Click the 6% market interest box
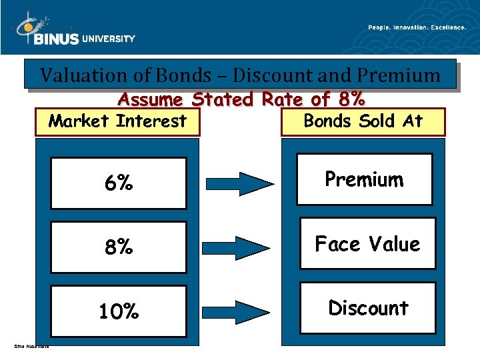[118, 183]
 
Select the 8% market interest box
[118, 247]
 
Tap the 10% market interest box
[118, 311]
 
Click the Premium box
[364, 179]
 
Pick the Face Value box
[367, 243]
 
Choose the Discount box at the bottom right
[367, 308]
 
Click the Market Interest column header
[118, 121]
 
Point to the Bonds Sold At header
[363, 121]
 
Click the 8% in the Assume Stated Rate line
[351, 99]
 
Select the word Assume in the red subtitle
[151, 99]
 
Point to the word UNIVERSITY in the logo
[109, 39]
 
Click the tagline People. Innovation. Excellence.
[417, 27]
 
